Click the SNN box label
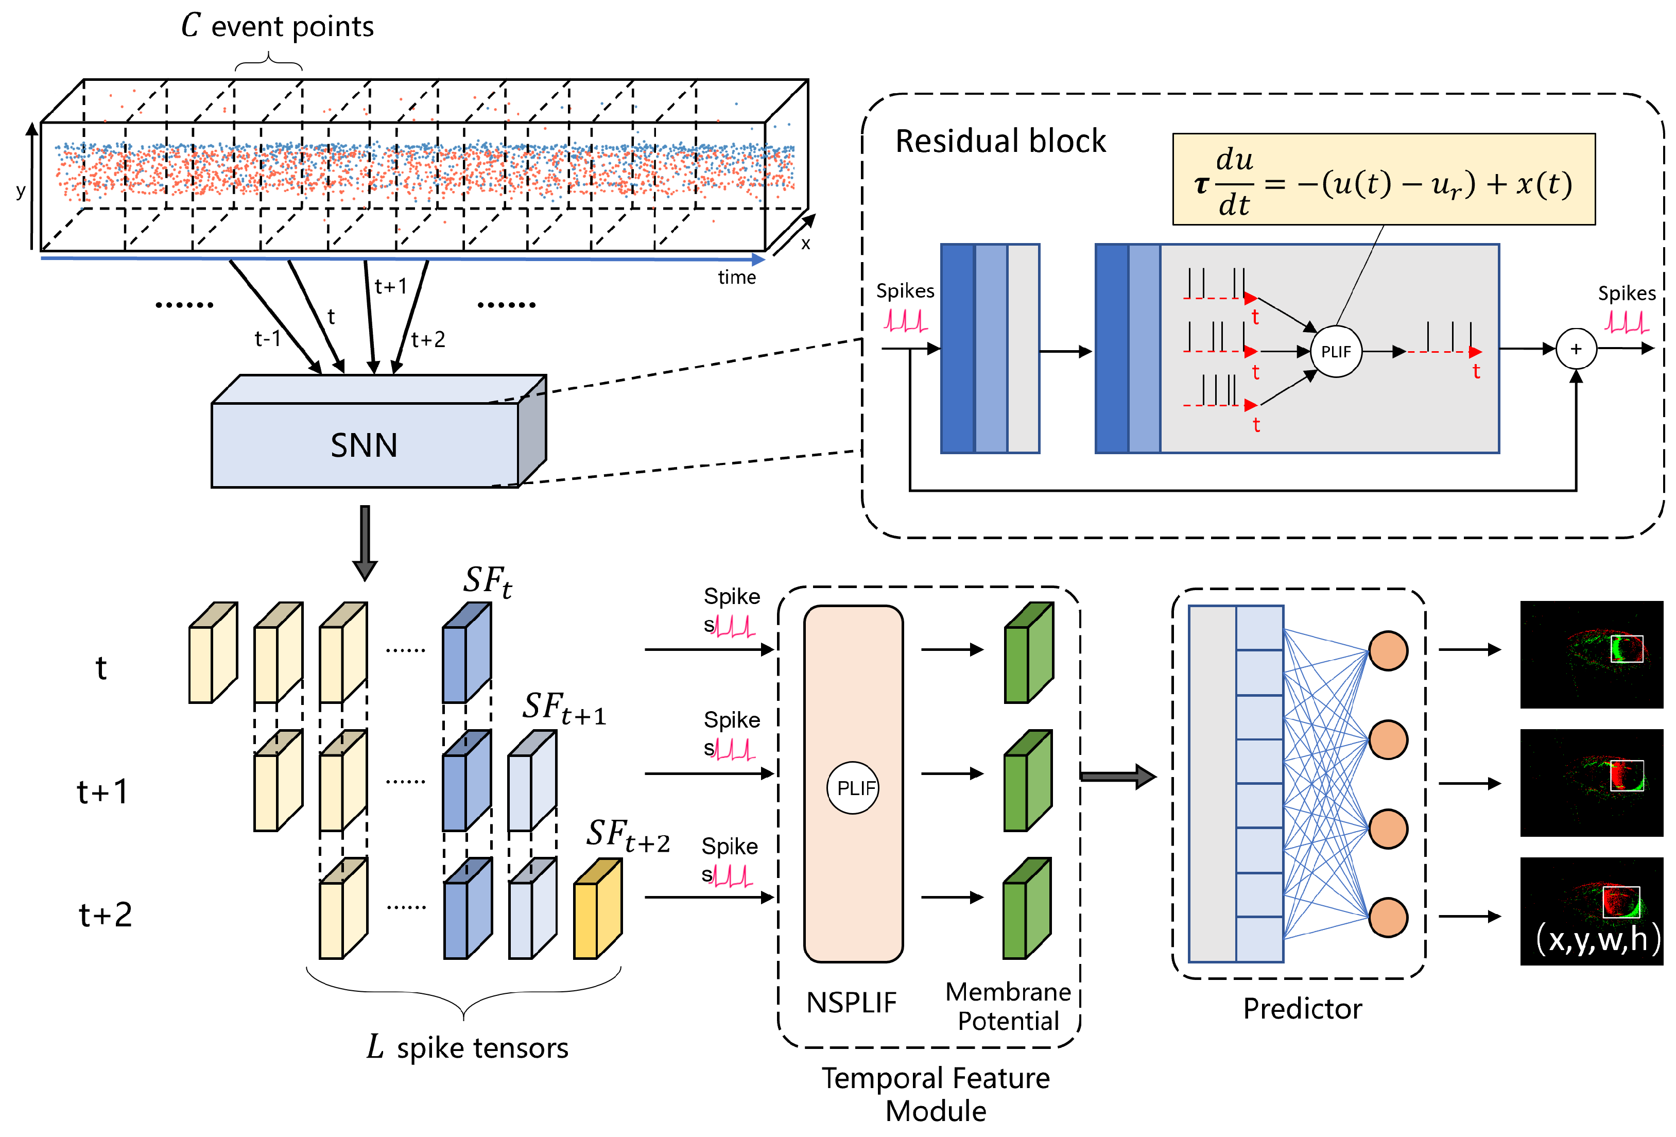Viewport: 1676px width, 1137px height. (x=364, y=445)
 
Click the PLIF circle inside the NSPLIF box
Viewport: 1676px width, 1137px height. (x=853, y=787)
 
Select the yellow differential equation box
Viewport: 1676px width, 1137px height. (x=1383, y=179)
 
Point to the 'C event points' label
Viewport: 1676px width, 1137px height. (x=278, y=27)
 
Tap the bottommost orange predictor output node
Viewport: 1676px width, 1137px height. (x=1388, y=917)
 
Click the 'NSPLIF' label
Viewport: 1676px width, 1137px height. (x=851, y=1002)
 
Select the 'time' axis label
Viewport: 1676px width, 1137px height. (x=736, y=277)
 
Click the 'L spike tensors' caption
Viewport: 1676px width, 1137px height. (x=468, y=1047)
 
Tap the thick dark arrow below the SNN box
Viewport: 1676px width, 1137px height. (x=365, y=541)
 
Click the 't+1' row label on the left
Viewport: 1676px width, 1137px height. (x=102, y=791)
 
